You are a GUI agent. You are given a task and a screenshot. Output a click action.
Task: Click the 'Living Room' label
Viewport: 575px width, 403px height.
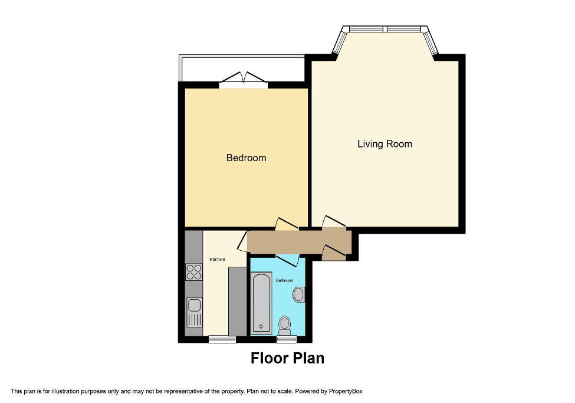[385, 144]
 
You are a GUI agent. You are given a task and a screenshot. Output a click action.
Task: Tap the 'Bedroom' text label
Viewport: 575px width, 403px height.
[246, 158]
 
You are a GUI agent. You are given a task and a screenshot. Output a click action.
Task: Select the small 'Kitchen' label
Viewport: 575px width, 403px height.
[217, 260]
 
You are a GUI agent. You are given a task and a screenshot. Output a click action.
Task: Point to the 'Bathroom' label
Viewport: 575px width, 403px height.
[284, 281]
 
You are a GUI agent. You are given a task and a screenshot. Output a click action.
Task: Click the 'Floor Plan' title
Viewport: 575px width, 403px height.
[287, 358]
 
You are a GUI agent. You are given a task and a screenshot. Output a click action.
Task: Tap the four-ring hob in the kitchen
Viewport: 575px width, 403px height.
[194, 272]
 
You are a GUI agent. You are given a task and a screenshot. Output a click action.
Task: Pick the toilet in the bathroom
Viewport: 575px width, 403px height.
[285, 323]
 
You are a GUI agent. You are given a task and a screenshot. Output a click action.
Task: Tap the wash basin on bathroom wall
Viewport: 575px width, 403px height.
[300, 294]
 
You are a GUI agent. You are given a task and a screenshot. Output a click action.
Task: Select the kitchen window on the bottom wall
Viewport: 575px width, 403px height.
[222, 339]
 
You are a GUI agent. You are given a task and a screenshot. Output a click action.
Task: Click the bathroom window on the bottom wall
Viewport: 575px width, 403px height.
[287, 339]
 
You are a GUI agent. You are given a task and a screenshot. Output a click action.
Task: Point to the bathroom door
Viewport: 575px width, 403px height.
[288, 260]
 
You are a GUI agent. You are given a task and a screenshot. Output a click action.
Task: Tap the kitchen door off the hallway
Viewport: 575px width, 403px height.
[242, 242]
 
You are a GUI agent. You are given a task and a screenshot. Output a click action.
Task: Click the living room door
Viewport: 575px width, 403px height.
[334, 222]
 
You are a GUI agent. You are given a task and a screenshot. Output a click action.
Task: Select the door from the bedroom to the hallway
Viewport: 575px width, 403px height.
[287, 224]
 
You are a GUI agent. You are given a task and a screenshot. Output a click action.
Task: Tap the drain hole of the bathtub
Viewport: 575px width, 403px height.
[261, 326]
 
